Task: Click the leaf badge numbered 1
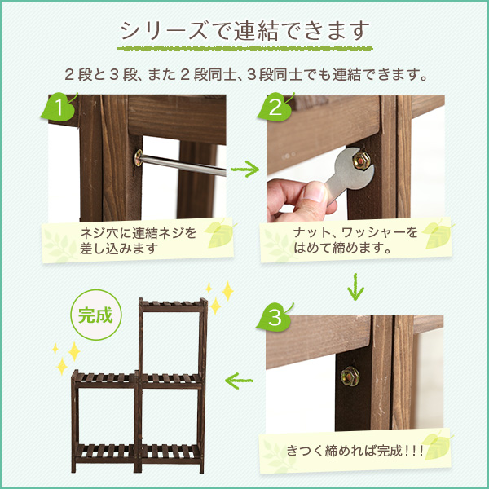[59, 108]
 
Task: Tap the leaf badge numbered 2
[275, 108]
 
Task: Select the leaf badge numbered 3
[275, 318]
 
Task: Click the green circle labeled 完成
[95, 315]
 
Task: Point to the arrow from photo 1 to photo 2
[244, 169]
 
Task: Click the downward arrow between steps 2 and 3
[355, 287]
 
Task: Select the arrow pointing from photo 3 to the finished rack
[239, 381]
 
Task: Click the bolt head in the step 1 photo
[138, 157]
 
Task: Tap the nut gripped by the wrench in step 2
[361, 161]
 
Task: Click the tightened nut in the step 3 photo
[350, 377]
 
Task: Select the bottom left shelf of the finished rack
[105, 452]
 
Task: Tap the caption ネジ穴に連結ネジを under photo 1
[139, 233]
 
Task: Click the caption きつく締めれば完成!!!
[355, 451]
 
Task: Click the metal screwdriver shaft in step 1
[183, 165]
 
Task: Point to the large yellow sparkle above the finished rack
[227, 291]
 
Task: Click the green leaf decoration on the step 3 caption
[437, 446]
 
